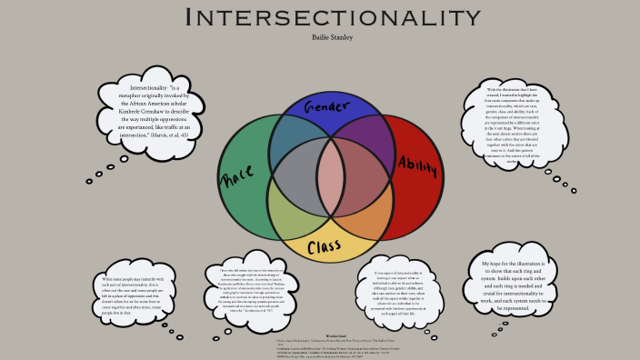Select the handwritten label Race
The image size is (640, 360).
pos(238,173)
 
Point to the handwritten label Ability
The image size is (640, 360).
pos(417,165)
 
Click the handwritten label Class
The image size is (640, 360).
pos(324,246)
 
